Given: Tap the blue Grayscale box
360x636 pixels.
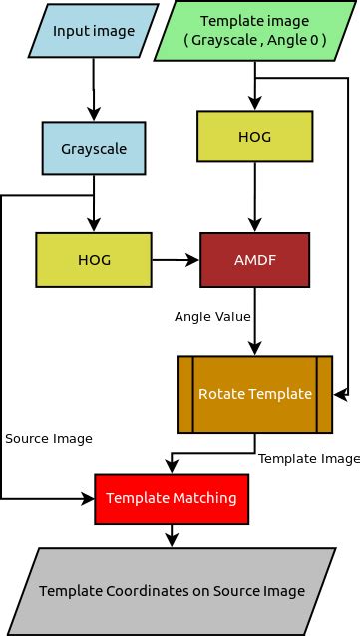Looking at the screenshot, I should (94, 149).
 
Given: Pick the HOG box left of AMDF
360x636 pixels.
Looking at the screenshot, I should (93, 260).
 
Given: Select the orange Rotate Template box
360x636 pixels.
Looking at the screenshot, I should (255, 393).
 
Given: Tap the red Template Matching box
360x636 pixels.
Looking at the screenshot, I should (171, 497).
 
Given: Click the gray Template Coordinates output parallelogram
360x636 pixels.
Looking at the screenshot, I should (172, 591).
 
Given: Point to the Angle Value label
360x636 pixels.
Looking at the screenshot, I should (212, 316).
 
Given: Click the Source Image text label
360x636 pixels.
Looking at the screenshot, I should (49, 439).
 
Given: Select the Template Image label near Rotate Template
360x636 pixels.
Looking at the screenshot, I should (309, 459).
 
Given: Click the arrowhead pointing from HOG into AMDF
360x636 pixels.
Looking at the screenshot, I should (192, 260).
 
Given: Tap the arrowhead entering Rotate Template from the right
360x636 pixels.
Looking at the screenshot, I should (340, 395).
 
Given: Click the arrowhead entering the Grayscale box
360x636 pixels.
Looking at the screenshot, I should (94, 116).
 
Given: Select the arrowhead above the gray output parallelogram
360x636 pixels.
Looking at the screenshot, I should (172, 541).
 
